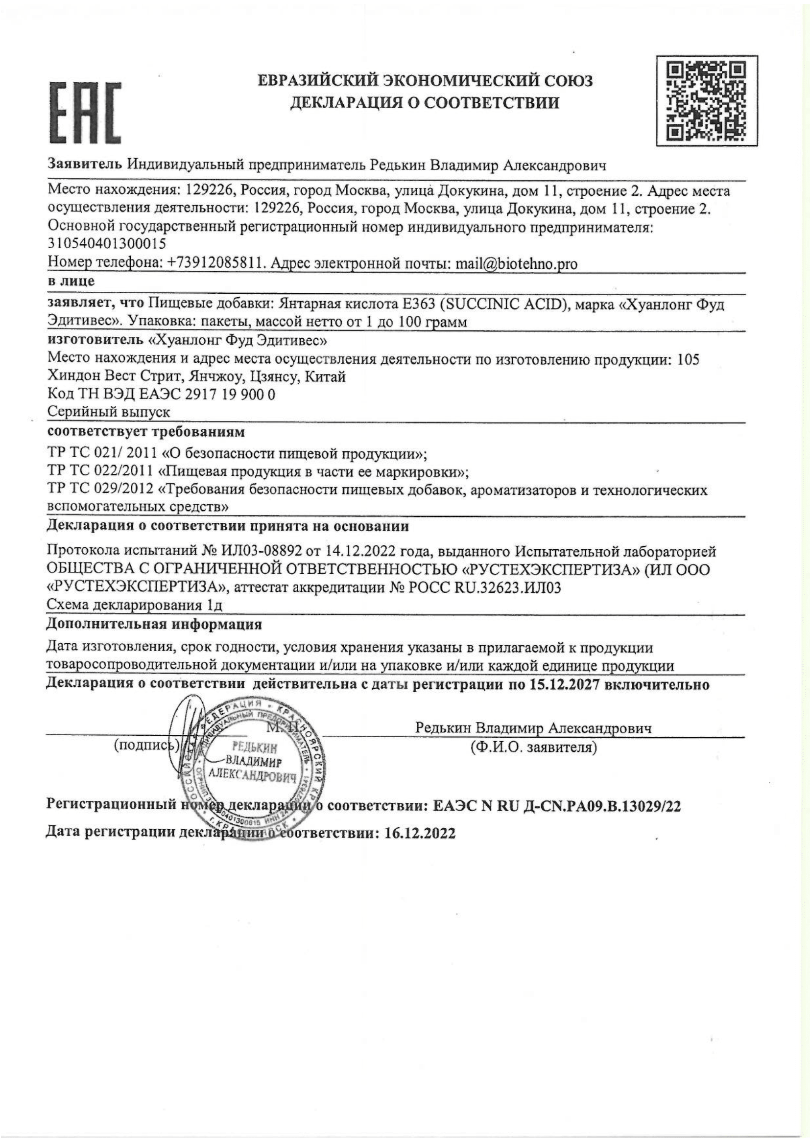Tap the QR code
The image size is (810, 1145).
point(706,100)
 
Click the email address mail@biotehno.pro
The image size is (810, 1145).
point(516,264)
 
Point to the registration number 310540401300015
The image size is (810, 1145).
point(107,244)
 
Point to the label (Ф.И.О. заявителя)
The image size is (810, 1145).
point(533,748)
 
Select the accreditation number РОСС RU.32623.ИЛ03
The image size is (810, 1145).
point(484,588)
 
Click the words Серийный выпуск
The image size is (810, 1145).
point(108,412)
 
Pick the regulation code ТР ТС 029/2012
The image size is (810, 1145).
point(100,490)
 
